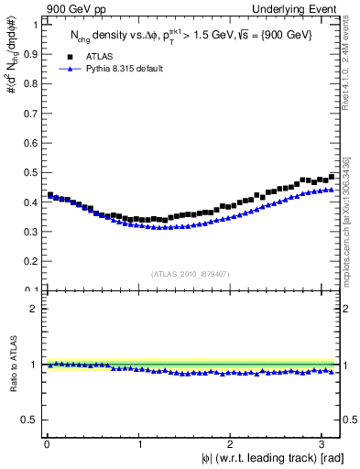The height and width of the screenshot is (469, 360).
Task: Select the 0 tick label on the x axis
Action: tap(46, 445)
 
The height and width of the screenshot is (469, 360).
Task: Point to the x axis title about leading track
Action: tap(272, 459)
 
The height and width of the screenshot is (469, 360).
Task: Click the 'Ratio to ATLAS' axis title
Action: tap(14, 365)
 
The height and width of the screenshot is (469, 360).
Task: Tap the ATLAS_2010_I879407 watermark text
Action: tap(191, 272)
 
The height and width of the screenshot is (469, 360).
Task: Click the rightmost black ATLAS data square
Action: tap(333, 176)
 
